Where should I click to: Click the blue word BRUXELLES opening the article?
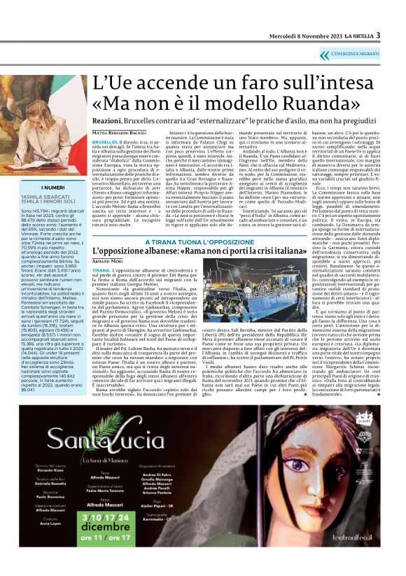105,141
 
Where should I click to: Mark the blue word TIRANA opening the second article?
101,268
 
